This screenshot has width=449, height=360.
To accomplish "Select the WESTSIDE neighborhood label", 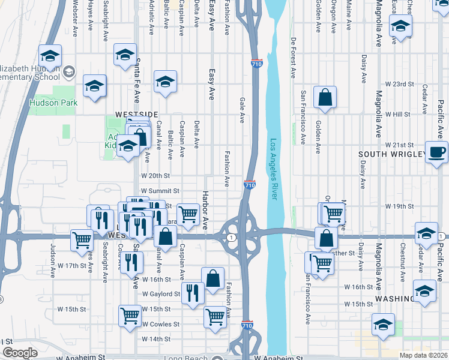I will [x=136, y=114].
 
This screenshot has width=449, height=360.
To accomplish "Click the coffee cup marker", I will [x=436, y=152].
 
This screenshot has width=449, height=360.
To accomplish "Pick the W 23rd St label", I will [x=400, y=84].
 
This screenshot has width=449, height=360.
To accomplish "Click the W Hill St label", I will [x=397, y=114].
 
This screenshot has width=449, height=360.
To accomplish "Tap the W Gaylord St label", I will [x=161, y=294].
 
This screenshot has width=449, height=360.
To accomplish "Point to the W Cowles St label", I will [x=160, y=324].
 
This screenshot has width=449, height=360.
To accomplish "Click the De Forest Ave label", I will [x=294, y=58].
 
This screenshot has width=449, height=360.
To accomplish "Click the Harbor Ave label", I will [x=205, y=211].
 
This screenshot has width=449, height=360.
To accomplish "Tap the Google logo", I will [x=20, y=353].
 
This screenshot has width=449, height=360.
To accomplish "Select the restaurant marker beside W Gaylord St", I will [x=193, y=293].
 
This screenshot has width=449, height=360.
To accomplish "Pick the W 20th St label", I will [x=156, y=176].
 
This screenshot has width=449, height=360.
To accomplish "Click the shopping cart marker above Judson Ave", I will [x=82, y=240].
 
